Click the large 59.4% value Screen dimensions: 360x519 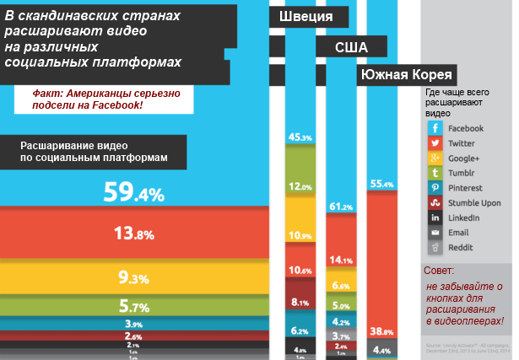(133, 194)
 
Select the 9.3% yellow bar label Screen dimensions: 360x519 (133, 277)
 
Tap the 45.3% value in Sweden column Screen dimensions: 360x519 (300, 137)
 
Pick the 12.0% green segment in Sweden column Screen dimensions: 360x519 (300, 186)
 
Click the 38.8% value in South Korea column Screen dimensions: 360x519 (382, 331)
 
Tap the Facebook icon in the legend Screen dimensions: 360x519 (435, 128)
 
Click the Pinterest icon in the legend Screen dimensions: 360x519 (435, 188)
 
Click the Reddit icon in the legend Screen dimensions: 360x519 (435, 248)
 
